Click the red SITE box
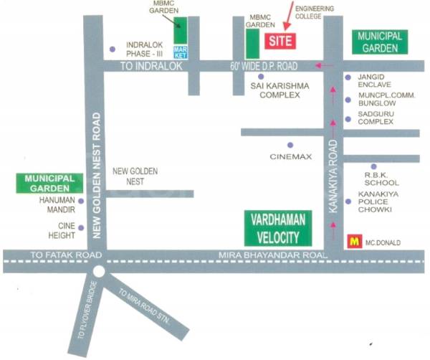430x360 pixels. click(x=279, y=41)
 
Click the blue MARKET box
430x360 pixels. click(x=180, y=52)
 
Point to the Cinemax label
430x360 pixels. click(x=291, y=156)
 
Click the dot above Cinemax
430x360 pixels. click(x=290, y=144)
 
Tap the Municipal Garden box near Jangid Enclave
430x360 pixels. click(x=380, y=42)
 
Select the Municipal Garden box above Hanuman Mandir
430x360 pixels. click(x=46, y=183)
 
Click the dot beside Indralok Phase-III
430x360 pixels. click(x=113, y=49)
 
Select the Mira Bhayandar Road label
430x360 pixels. click(x=276, y=255)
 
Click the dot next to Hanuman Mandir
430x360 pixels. click(x=81, y=202)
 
